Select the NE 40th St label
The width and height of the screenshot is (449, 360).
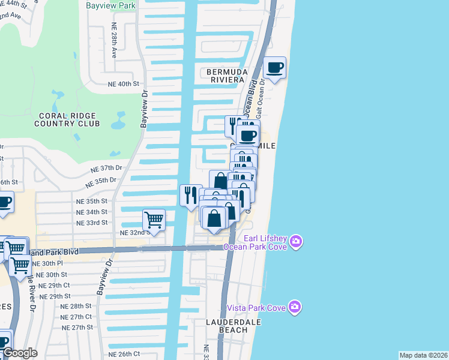pos(123,84)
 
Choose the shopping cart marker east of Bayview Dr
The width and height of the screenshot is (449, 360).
pos(154,220)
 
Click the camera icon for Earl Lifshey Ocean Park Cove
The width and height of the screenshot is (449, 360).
pos(295,242)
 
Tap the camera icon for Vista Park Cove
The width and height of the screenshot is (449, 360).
pos(294,307)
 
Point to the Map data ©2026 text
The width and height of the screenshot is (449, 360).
pos(423,355)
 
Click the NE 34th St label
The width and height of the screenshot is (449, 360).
pos(92,212)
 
